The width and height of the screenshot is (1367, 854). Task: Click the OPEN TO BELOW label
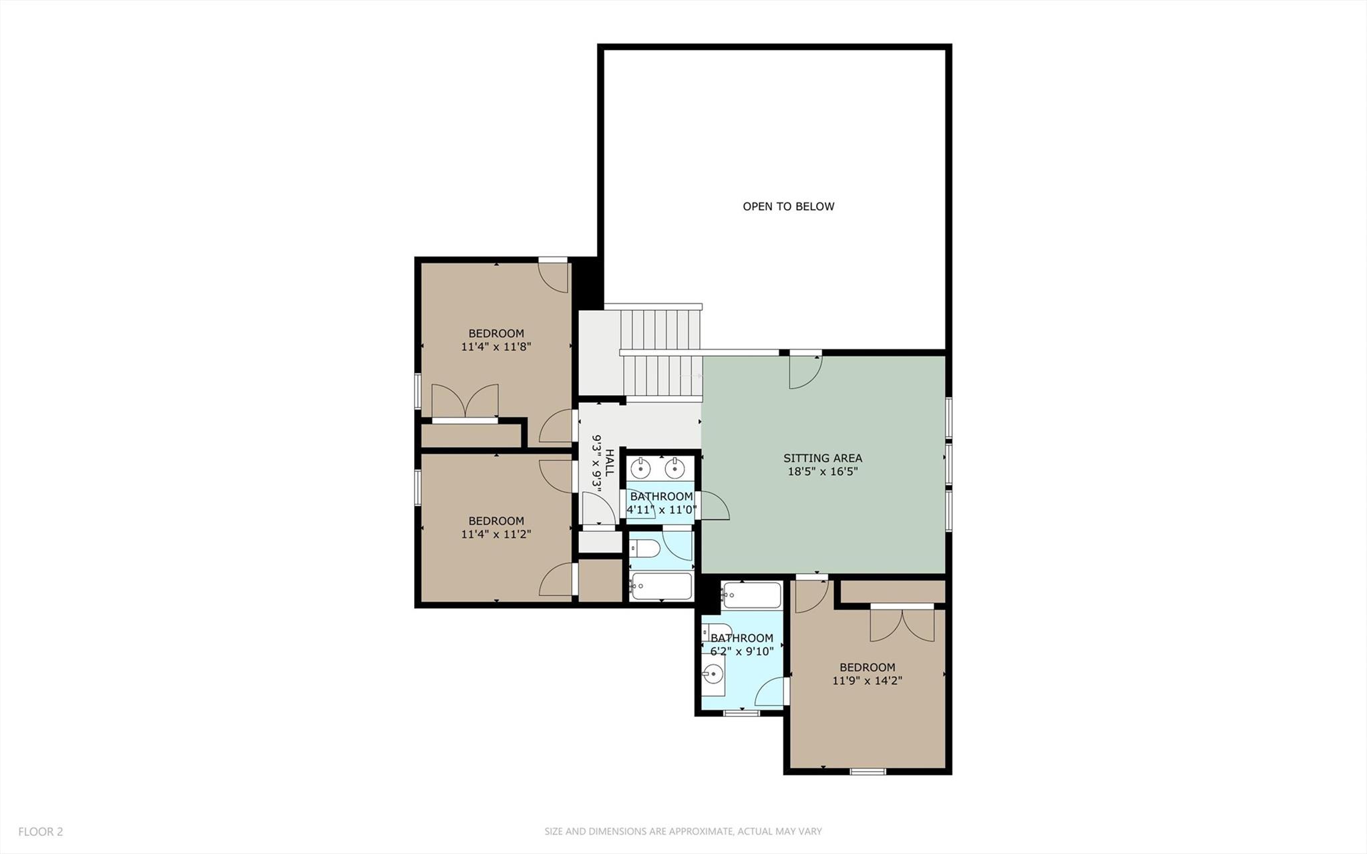click(788, 206)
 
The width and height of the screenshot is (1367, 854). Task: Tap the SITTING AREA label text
click(822, 458)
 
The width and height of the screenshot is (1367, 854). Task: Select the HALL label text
click(609, 462)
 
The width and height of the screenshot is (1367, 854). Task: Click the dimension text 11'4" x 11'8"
click(496, 347)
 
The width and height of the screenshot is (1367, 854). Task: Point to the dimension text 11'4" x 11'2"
click(496, 535)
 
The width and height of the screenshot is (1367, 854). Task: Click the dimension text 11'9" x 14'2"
click(867, 681)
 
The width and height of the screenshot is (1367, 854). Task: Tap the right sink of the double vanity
click(676, 467)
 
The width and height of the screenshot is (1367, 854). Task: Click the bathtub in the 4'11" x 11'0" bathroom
click(661, 587)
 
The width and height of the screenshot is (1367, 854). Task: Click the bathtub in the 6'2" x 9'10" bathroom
click(751, 595)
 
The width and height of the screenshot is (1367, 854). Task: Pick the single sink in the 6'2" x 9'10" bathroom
click(713, 675)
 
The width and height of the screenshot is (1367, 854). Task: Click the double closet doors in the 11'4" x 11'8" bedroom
click(465, 403)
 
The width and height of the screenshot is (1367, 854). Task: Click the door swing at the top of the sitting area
click(805, 371)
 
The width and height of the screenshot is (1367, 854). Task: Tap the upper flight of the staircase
click(660, 327)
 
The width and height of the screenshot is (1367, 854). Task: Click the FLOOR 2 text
click(41, 832)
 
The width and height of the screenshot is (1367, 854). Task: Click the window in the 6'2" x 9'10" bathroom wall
click(742, 713)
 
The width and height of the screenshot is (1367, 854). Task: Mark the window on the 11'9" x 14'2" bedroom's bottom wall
click(867, 772)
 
